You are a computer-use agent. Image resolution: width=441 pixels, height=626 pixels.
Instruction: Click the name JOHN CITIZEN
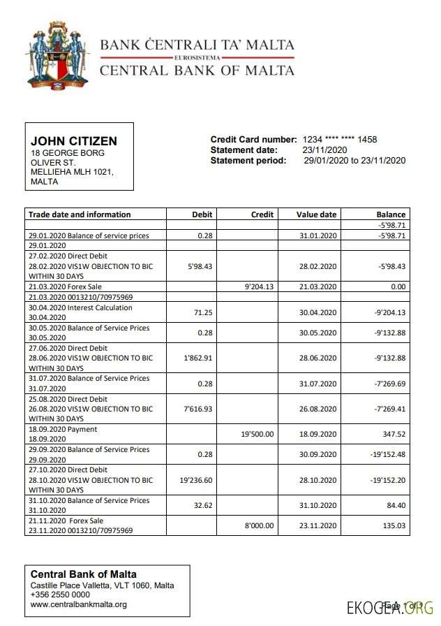[74, 141]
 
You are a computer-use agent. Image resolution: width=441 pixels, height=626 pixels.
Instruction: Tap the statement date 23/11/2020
[324, 150]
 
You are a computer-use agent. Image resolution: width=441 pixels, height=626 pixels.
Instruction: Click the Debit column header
[202, 214]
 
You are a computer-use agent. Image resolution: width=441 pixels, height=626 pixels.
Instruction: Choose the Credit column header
[262, 214]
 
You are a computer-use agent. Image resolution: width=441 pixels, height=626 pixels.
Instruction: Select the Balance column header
[391, 214]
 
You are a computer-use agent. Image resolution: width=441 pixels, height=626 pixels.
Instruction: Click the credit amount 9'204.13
[259, 286]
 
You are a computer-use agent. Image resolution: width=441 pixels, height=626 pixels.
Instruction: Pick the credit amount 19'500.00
[257, 434]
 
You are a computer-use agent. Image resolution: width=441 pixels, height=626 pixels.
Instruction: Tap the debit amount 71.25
[204, 313]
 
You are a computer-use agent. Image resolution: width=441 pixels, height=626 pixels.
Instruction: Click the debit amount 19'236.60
[195, 481]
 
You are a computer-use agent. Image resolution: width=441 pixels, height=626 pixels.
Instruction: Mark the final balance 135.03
[392, 525]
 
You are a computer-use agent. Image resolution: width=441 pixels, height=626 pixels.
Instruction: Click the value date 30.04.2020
[317, 313]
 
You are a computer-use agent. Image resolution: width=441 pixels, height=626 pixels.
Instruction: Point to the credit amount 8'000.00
[259, 525]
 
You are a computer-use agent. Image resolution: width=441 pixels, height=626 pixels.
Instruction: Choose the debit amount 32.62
[204, 505]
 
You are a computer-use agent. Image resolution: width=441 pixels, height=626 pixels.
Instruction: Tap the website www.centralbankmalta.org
[78, 604]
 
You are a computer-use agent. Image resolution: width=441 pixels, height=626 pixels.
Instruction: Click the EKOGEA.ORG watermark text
[390, 607]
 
